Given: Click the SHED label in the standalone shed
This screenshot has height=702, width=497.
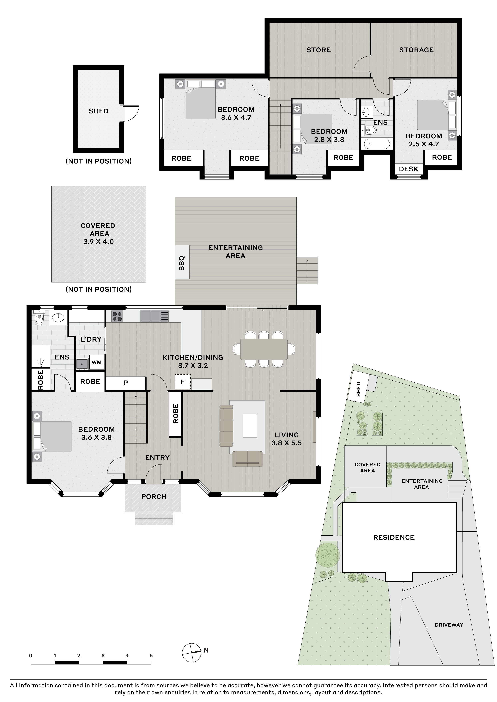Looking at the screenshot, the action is click(x=99, y=111).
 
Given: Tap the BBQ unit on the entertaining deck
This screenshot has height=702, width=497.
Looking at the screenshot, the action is click(x=182, y=262).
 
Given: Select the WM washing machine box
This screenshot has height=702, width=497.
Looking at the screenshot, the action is click(x=96, y=362).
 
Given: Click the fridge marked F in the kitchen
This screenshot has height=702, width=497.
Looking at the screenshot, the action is click(x=183, y=382).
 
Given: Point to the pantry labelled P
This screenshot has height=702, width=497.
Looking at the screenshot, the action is click(x=126, y=383).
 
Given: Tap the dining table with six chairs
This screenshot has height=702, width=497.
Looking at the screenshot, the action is click(x=264, y=349).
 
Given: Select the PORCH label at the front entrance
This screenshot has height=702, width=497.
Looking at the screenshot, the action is click(x=154, y=497).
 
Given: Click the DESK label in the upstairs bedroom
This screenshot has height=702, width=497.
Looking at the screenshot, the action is click(x=408, y=169).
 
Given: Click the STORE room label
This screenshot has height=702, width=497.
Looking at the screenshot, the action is click(x=319, y=50).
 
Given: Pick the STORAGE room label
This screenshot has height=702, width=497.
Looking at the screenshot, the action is click(x=416, y=50).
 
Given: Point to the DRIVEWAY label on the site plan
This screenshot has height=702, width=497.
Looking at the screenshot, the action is click(x=449, y=625).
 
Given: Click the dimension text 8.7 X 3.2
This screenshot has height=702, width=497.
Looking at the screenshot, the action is click(x=193, y=365).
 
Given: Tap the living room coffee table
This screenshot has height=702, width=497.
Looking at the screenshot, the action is click(x=250, y=426).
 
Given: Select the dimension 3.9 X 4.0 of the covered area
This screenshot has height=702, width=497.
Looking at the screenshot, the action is click(x=99, y=241).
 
